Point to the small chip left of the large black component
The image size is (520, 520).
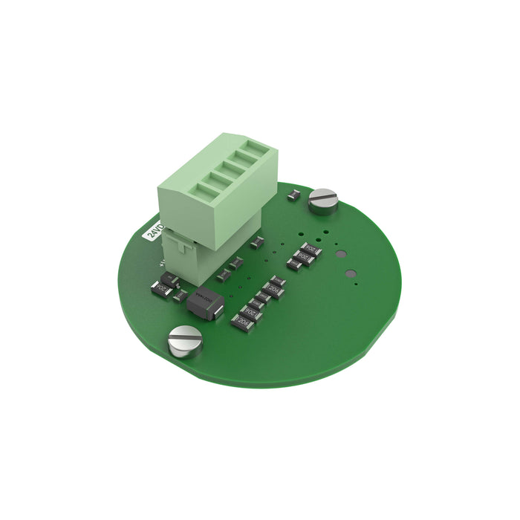click(179, 296)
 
